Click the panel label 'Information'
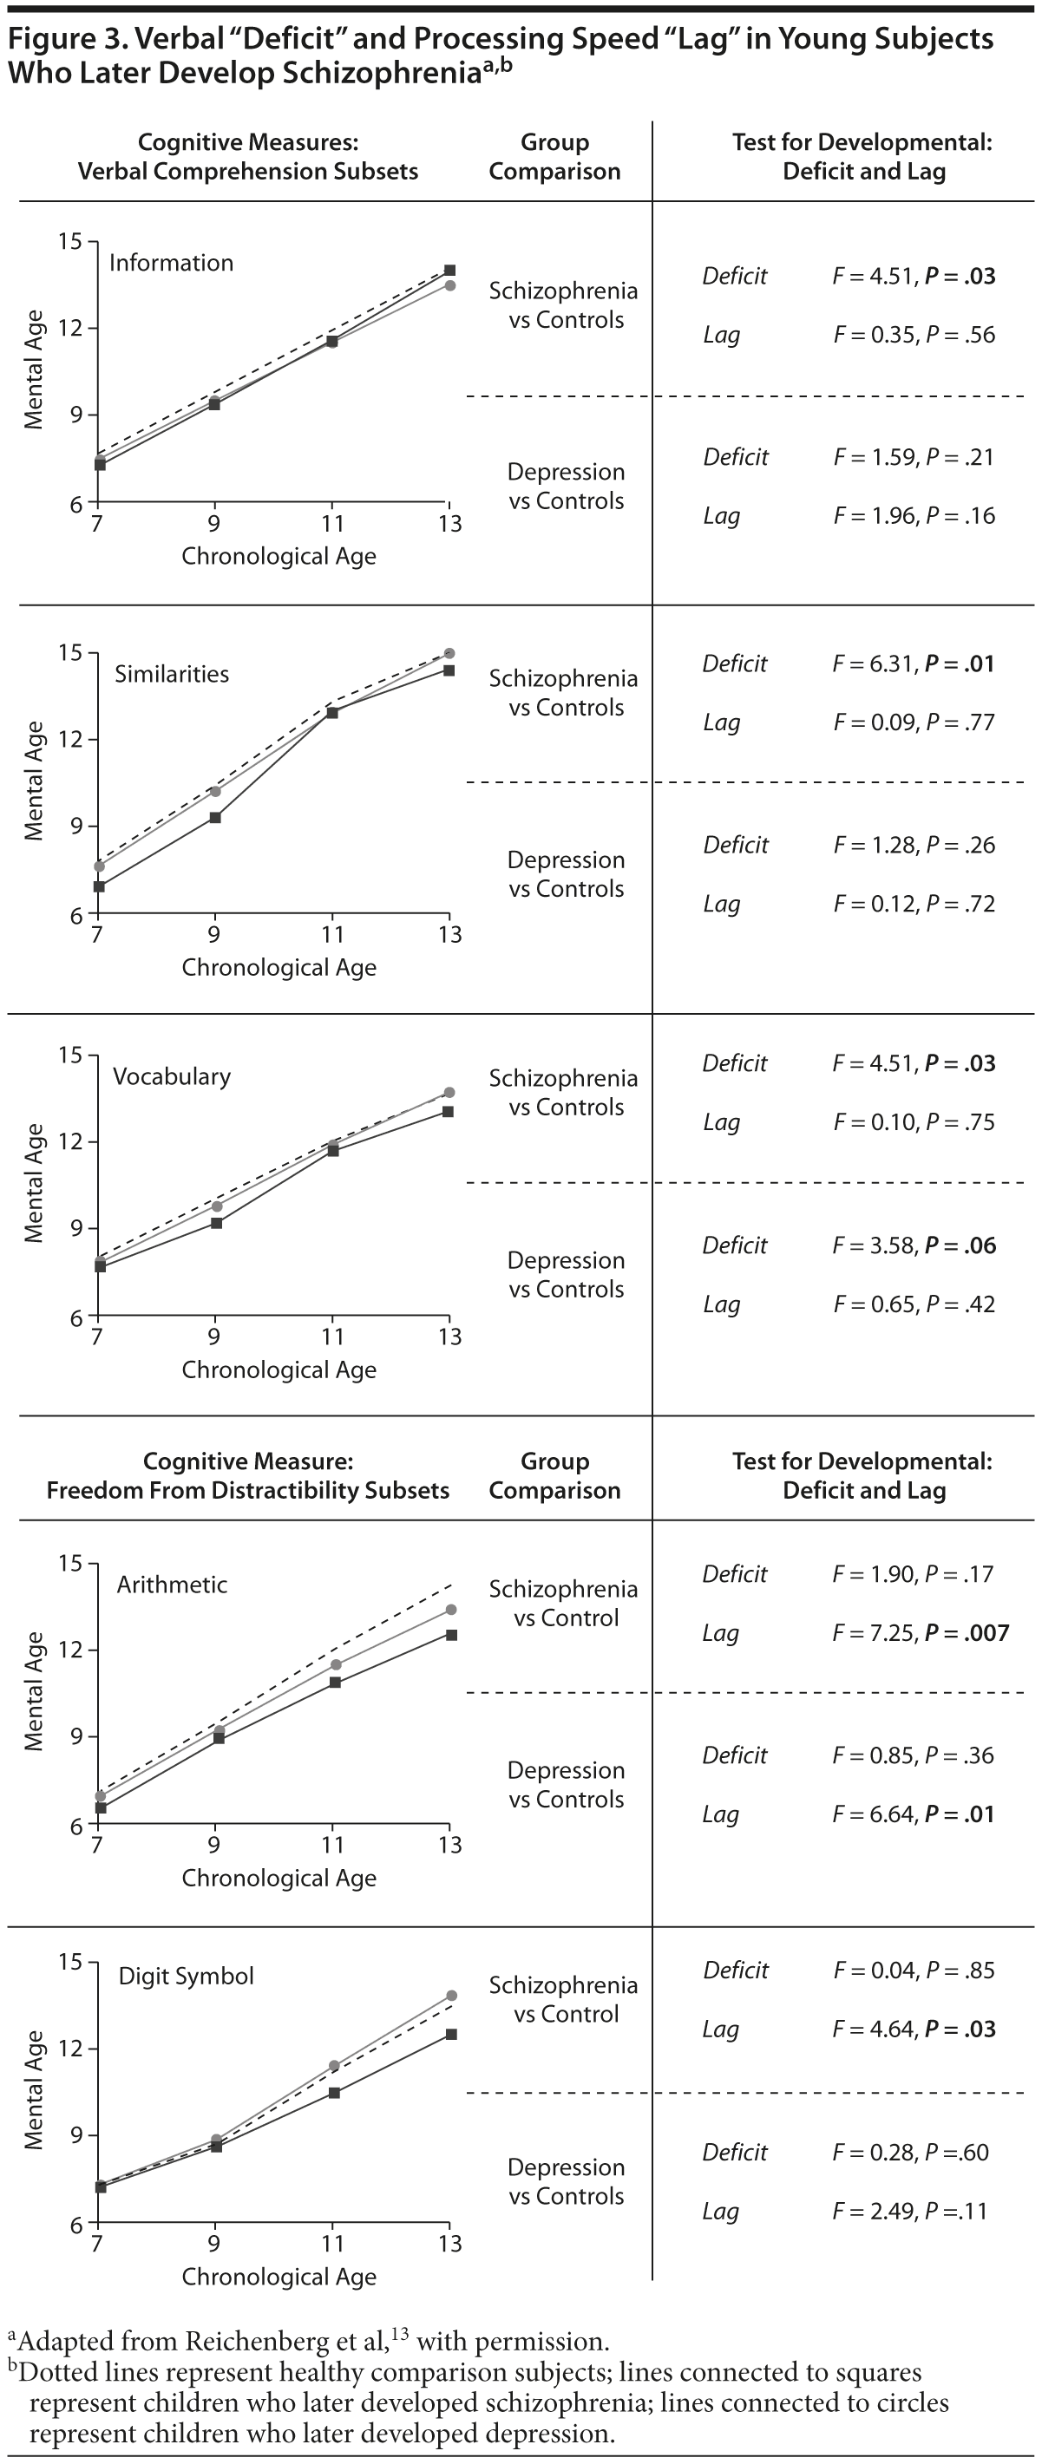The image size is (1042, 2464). click(171, 263)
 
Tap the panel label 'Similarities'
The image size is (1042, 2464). click(173, 675)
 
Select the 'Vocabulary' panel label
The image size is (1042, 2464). click(173, 1077)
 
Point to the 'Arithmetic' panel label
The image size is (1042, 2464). click(173, 1585)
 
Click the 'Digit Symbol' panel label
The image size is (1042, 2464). click(187, 1977)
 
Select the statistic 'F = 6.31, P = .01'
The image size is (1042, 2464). click(913, 663)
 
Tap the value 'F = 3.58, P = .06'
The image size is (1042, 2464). click(914, 1245)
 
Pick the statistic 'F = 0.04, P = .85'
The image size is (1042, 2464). click(914, 1971)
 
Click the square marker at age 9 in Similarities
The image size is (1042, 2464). click(215, 818)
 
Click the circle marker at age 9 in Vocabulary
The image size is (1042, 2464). click(216, 1206)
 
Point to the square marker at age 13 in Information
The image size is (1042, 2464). click(449, 271)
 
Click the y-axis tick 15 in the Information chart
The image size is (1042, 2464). click(70, 241)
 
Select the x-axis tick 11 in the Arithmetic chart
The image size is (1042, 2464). click(332, 1844)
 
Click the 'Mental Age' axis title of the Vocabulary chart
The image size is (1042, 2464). click(35, 1183)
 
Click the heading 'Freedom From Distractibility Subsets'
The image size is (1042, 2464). click(248, 1490)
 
